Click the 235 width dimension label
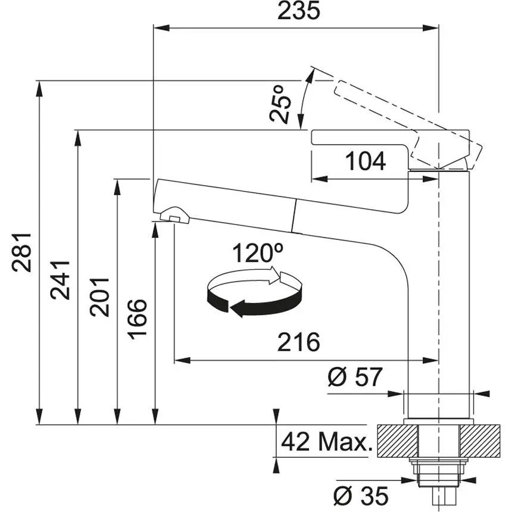(x=299, y=10)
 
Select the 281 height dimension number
(x=22, y=251)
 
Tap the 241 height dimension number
(x=61, y=280)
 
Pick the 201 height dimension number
(x=99, y=296)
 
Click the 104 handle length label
(x=366, y=161)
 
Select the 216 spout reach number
(x=299, y=342)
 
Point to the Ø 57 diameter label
(x=355, y=377)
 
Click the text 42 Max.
(x=326, y=442)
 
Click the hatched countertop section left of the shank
(x=397, y=441)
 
